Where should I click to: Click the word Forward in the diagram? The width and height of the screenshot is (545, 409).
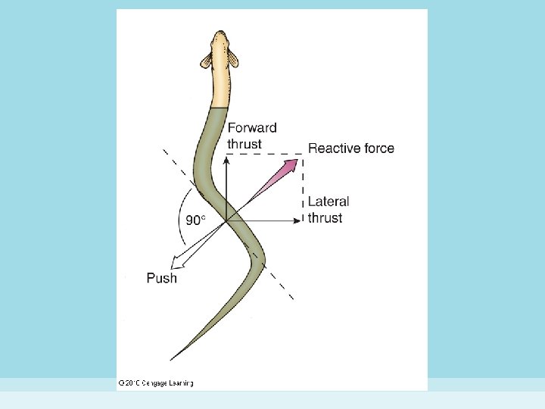[252, 128]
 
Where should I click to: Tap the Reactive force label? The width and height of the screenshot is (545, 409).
[350, 148]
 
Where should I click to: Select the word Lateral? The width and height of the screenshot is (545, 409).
[329, 201]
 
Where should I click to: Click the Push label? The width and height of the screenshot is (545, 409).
[162, 278]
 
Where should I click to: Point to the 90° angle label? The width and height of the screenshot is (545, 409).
[195, 220]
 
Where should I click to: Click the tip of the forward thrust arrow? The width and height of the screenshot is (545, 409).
[226, 157]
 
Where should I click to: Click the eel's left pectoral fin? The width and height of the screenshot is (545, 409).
[207, 60]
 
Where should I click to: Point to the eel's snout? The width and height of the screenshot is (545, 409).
[220, 33]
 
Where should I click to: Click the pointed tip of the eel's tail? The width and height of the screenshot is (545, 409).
[173, 358]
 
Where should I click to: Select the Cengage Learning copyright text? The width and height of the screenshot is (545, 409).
[156, 383]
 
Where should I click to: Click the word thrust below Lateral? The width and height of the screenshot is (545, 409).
[325, 218]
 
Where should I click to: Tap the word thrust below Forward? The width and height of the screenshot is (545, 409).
[244, 144]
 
